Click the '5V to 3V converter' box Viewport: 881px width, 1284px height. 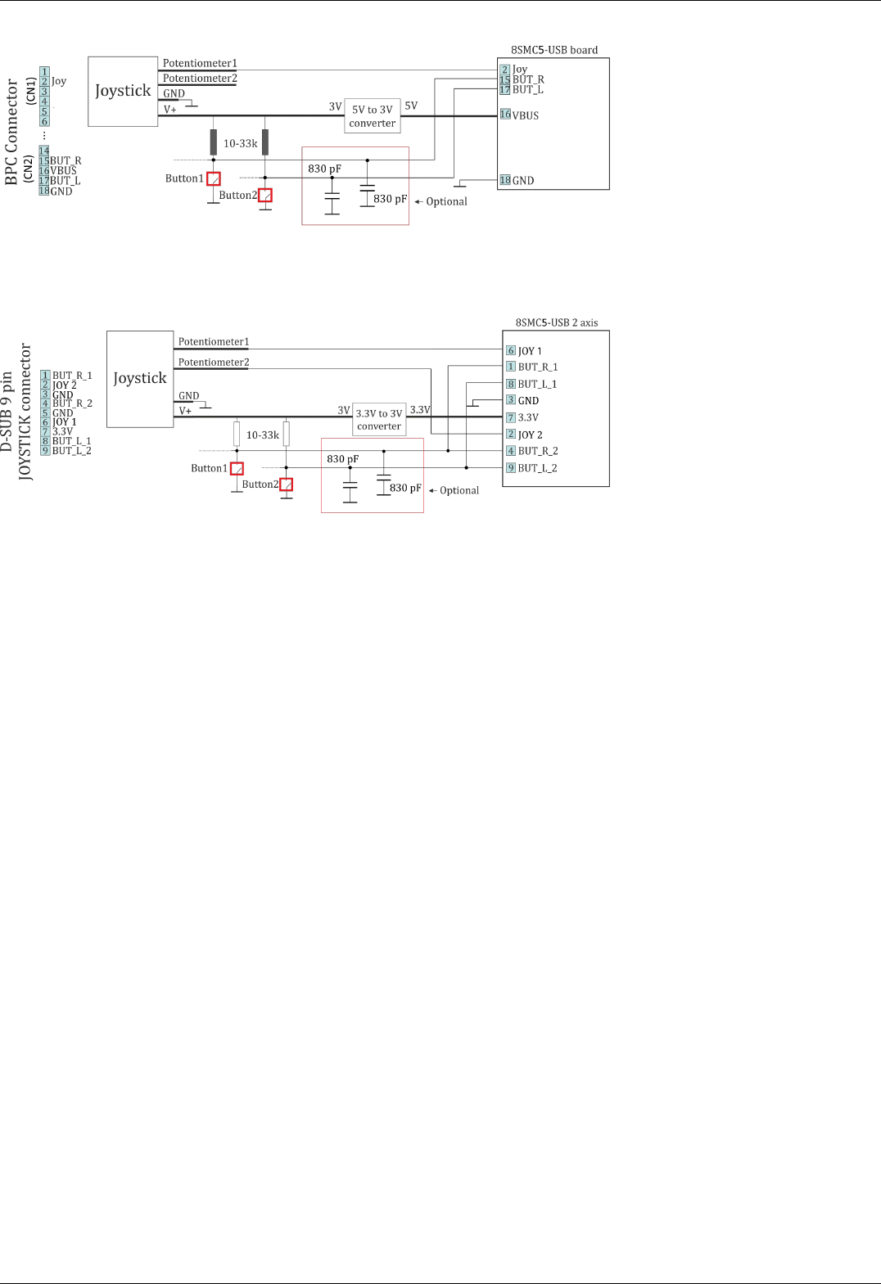click(373, 116)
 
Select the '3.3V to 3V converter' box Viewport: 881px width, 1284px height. click(379, 420)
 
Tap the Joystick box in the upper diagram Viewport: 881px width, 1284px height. click(123, 91)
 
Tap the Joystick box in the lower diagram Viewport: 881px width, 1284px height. click(140, 378)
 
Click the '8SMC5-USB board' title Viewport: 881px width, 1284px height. click(554, 50)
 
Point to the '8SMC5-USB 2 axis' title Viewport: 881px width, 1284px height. click(557, 322)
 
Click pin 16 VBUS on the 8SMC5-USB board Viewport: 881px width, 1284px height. click(520, 115)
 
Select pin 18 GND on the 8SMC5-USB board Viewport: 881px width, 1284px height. click(517, 180)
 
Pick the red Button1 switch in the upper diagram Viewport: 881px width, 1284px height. click(214, 178)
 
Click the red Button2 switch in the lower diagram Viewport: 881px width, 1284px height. click(287, 484)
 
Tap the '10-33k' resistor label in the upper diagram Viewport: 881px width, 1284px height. click(241, 143)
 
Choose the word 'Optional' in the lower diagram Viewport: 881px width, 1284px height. click(459, 490)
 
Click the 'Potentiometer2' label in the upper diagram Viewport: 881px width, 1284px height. click(200, 79)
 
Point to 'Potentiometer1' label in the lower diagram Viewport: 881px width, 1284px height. click(214, 342)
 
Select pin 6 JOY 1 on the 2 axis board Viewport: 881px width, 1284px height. click(524, 350)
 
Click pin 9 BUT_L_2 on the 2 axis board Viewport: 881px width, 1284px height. click(532, 468)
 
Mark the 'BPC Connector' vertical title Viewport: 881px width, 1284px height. click(11, 132)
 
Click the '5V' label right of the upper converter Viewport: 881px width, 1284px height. click(411, 106)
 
